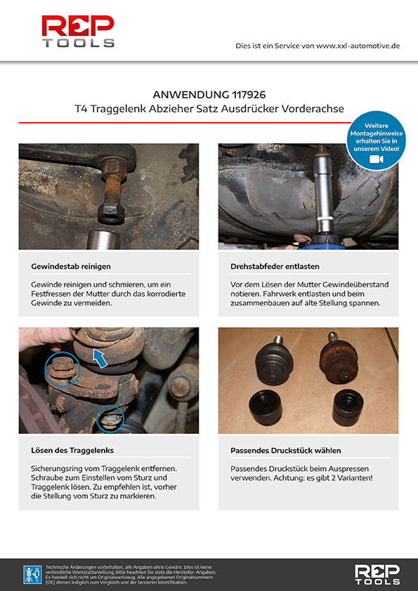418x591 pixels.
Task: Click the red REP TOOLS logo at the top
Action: (78, 32)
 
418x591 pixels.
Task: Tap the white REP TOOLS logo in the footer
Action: (377, 574)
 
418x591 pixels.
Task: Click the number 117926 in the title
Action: (249, 94)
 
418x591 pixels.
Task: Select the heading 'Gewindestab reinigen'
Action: (71, 267)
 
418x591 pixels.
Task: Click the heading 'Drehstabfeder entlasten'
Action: (275, 267)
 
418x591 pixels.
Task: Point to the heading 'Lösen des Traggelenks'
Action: (72, 451)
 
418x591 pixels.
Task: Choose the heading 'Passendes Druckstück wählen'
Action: (286, 451)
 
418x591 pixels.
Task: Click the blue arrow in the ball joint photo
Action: (100, 358)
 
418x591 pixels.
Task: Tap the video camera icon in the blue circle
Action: (376, 159)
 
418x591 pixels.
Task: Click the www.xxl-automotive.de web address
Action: (358, 46)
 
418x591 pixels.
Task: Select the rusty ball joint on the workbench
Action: (339, 358)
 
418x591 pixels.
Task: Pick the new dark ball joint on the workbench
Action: (274, 360)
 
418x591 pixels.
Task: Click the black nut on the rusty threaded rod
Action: (111, 213)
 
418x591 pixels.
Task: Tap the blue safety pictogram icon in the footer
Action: (32, 575)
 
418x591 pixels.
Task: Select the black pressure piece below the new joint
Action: (266, 408)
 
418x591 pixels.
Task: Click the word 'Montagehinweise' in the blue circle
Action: (376, 133)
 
